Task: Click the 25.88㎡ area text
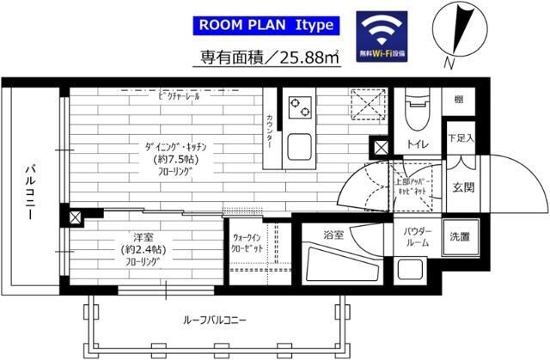[257, 59]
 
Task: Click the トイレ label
[419, 145]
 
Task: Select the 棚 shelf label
[459, 101]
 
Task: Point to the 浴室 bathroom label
[333, 234]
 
